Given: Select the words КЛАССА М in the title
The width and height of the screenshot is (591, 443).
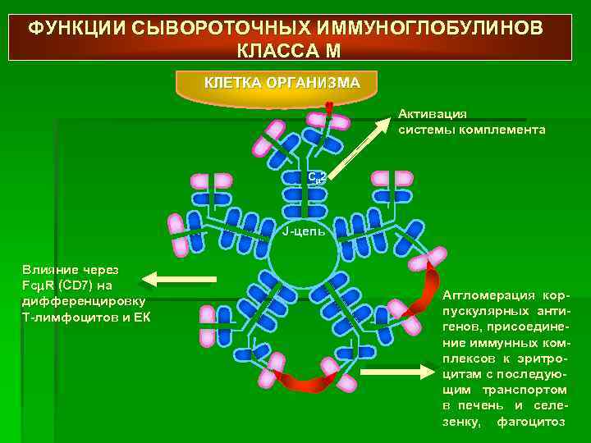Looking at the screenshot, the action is pos(288,50).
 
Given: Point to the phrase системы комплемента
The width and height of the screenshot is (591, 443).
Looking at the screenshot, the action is pos(472,130).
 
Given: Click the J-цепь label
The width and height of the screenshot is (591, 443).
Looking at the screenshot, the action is pos(303,231).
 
